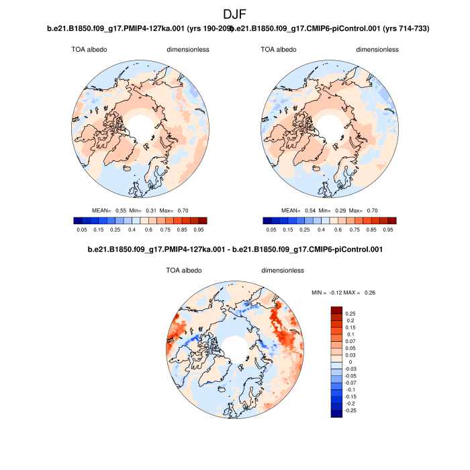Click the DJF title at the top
tap(235, 13)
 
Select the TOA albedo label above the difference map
tap(183, 271)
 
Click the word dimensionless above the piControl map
tap(377, 50)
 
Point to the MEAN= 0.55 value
tap(110, 210)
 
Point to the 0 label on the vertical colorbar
tap(348, 362)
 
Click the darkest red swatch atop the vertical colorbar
tap(336, 310)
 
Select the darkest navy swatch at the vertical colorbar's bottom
tap(336, 413)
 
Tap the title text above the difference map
tap(235, 250)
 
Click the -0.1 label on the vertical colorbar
tap(350, 389)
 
